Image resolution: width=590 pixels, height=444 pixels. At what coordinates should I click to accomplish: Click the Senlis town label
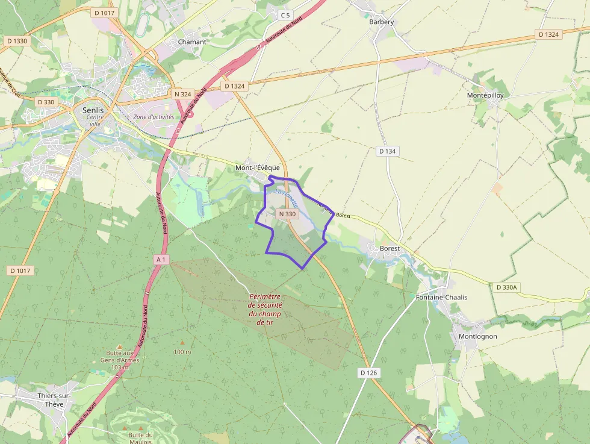point(93,110)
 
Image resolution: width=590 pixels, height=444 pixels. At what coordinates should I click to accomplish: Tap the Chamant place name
point(192,42)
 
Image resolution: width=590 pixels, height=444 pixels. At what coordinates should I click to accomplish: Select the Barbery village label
point(381,22)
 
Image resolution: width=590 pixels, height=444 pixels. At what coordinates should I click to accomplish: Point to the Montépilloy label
point(485,95)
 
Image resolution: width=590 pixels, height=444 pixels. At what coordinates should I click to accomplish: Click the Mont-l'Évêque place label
point(257,168)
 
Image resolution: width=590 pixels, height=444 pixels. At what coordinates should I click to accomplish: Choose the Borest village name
point(390,248)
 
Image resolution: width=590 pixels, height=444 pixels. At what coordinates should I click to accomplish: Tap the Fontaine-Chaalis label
point(441,298)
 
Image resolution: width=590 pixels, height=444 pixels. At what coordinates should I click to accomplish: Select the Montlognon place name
point(477,336)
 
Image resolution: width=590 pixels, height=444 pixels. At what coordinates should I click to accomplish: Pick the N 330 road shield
point(288,214)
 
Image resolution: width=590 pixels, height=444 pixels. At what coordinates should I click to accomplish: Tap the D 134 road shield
point(388,151)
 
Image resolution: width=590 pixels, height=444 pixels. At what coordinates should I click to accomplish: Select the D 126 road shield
point(368,373)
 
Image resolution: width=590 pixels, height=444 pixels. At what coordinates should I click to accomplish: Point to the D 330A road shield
point(506,287)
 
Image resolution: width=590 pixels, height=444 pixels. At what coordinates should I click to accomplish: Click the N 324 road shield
point(182,94)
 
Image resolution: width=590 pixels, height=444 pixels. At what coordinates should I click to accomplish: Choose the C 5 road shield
point(285,14)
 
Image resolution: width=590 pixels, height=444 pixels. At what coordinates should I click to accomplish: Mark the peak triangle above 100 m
point(182,343)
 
